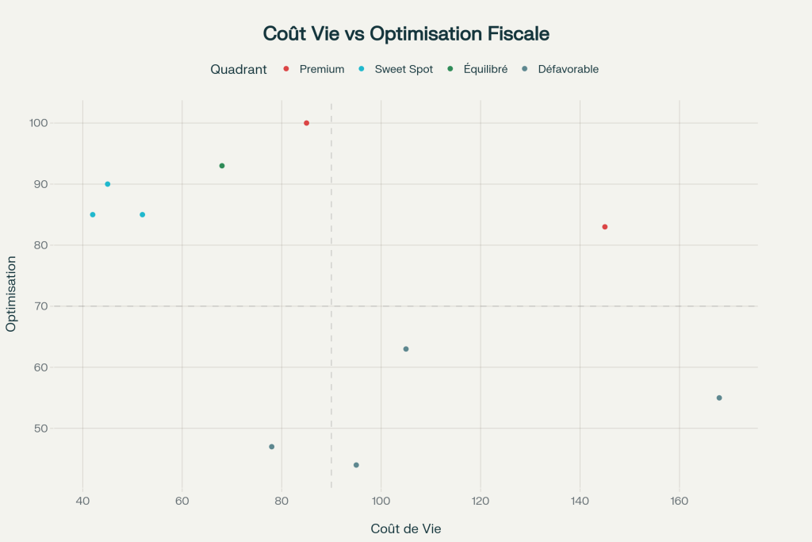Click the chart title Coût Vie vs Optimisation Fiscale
406,34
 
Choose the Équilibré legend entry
485,69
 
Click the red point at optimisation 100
306,123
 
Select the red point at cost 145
604,227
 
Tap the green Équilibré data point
222,166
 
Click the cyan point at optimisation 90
108,184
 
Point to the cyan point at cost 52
143,214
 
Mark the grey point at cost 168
719,398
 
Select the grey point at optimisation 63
406,349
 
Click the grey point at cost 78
271,447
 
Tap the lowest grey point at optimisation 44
356,465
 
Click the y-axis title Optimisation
11,294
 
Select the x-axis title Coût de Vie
405,529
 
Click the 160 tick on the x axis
679,502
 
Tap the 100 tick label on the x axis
381,502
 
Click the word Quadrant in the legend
238,69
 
